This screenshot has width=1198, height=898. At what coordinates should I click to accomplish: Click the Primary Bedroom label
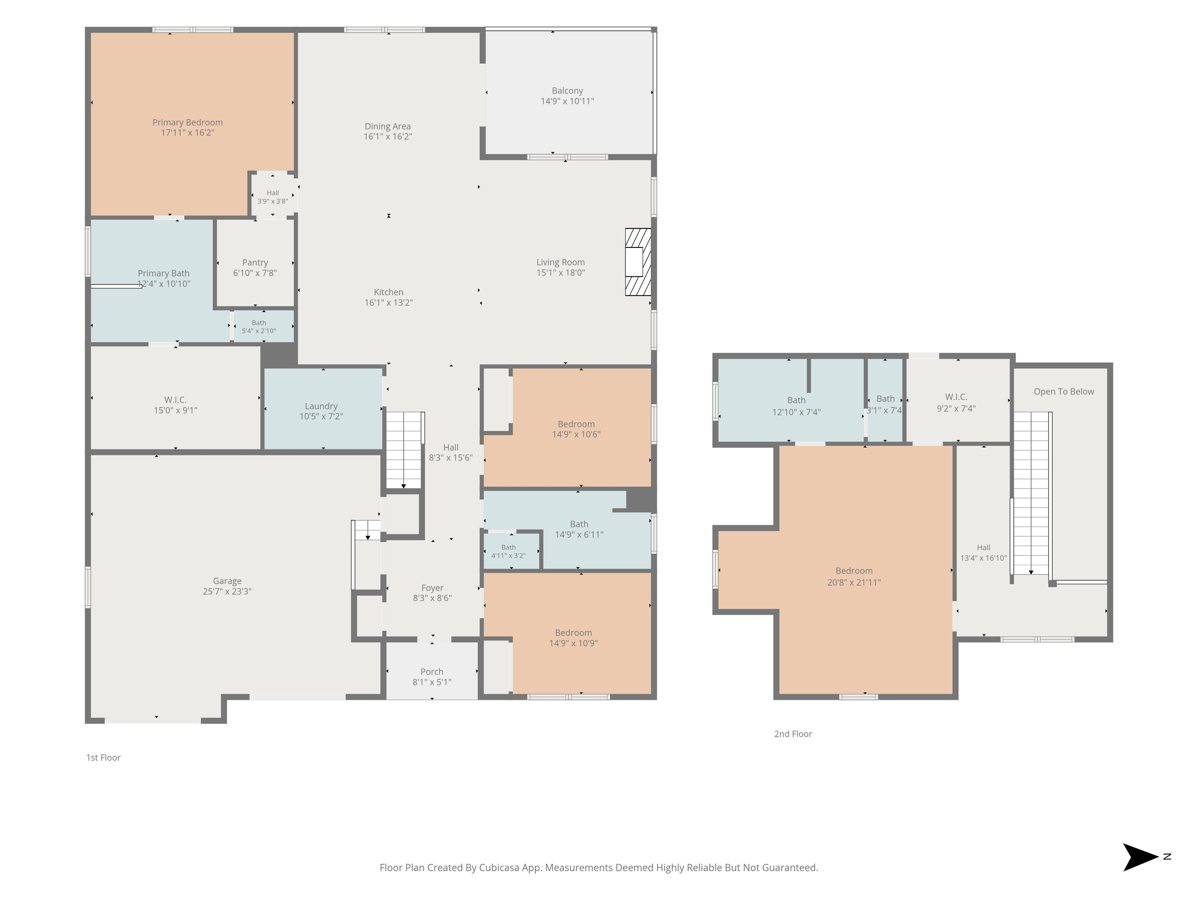coord(188,122)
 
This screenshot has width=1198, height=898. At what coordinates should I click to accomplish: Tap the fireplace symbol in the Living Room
coord(638,262)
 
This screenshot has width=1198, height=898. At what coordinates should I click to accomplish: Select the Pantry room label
coord(255,263)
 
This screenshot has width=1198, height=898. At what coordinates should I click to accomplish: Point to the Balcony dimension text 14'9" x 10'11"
coord(567,101)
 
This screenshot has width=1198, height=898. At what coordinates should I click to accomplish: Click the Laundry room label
coord(321,406)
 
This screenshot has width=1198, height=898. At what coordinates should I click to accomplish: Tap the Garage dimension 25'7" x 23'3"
coord(227,592)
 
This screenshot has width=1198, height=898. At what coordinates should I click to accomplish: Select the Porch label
coord(432,672)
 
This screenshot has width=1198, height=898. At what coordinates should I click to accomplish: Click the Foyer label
coord(432,588)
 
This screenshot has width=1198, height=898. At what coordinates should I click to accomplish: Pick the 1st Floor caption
coord(103,757)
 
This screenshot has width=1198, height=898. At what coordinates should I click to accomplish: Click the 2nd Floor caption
coord(793,734)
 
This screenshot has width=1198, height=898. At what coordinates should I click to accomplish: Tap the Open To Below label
coord(1064,391)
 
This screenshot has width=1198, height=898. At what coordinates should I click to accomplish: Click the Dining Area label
coord(388,126)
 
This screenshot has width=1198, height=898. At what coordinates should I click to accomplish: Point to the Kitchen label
coord(388,292)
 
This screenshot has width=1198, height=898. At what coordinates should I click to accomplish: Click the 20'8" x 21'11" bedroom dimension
coord(854,582)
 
